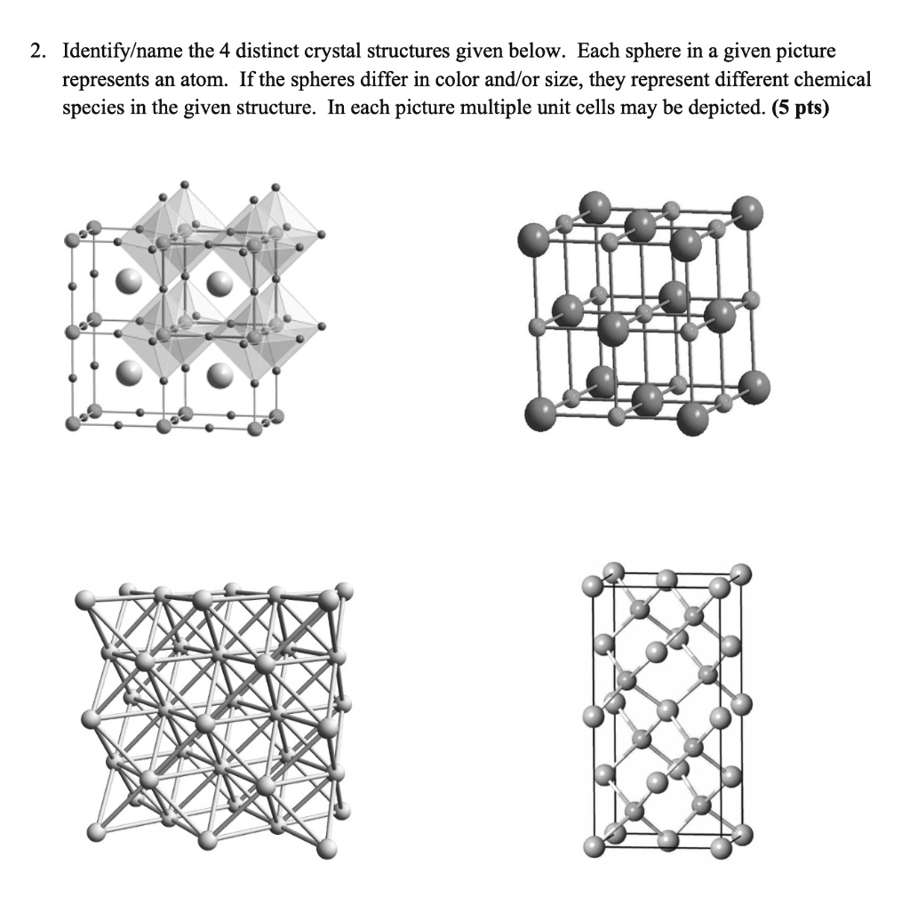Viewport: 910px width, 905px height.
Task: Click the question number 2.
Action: pyautogui.click(x=36, y=52)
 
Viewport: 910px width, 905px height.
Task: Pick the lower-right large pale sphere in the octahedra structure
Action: pyautogui.click(x=219, y=376)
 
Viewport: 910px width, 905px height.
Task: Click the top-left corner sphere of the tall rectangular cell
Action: pyautogui.click(x=592, y=585)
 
